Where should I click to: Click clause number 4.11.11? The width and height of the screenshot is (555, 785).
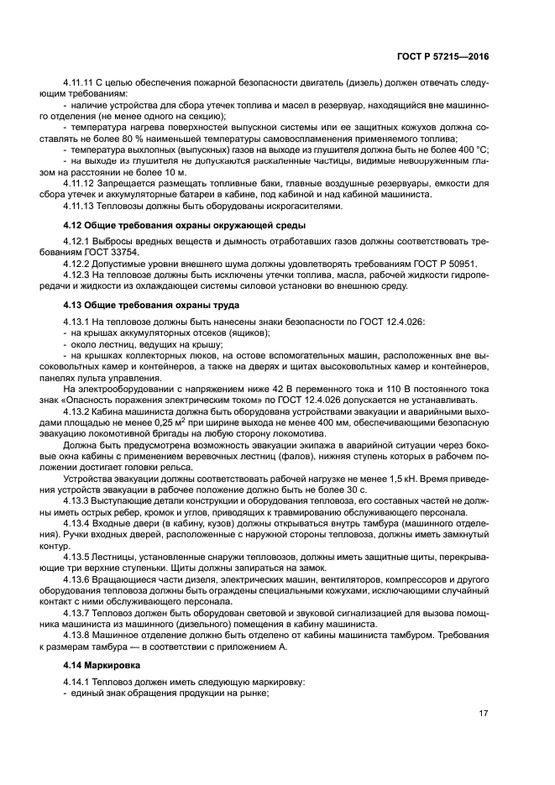(x=81, y=83)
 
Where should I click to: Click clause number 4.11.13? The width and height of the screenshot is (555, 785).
(x=81, y=205)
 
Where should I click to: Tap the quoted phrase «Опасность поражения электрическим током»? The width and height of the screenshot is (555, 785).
(x=188, y=401)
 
